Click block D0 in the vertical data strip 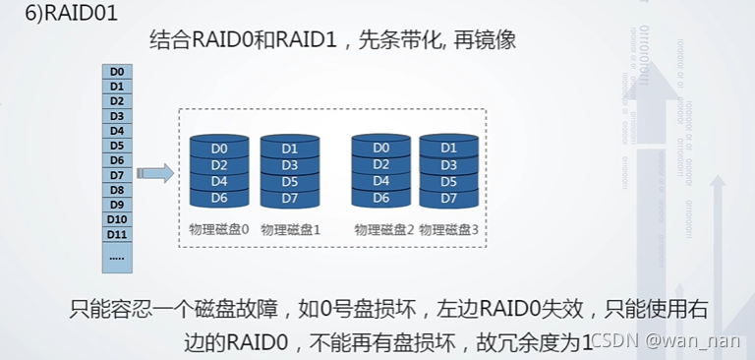(x=117, y=71)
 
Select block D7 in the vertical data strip (x=117, y=174)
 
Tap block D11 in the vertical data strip (x=117, y=234)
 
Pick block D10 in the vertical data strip (x=117, y=219)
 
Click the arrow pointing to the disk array (x=155, y=174)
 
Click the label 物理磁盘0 (x=218, y=229)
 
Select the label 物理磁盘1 (x=290, y=229)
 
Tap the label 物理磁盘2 (x=383, y=229)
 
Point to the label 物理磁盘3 (x=448, y=229)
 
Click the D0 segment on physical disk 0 (x=219, y=149)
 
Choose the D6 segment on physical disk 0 (x=219, y=198)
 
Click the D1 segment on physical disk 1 (x=290, y=149)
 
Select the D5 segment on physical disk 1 (x=290, y=182)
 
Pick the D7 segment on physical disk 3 (x=449, y=198)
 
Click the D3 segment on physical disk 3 (x=449, y=165)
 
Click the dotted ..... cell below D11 (x=117, y=256)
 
